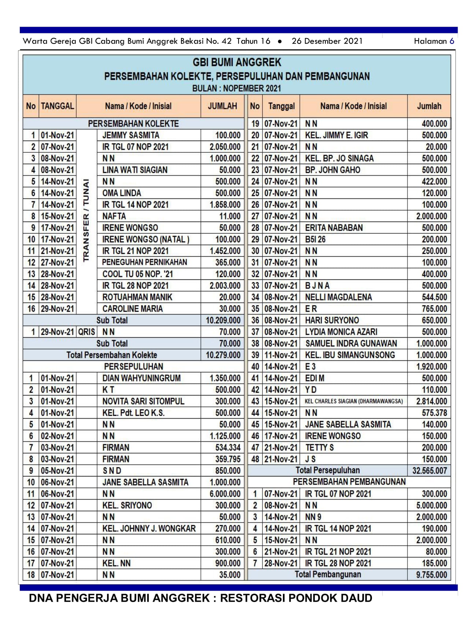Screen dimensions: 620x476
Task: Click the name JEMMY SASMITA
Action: coord(130,135)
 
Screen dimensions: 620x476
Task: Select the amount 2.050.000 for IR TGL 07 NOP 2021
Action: coord(225,147)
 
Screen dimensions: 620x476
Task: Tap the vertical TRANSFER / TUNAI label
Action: coord(86,220)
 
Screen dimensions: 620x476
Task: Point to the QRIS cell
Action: coord(86,332)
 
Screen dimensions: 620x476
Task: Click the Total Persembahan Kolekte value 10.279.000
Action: coord(223,355)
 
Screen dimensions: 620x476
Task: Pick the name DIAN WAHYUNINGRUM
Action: coord(141,378)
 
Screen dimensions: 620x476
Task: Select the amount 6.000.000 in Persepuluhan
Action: coord(225,494)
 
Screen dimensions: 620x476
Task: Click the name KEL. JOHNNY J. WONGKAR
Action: coord(149,528)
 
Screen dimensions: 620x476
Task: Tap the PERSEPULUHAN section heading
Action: coord(133,367)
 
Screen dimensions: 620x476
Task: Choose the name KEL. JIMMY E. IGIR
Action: coord(336,135)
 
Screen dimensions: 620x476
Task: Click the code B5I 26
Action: coord(315,240)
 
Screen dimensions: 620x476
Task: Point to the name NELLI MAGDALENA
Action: coord(338,297)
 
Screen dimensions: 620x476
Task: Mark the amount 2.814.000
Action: coord(431,401)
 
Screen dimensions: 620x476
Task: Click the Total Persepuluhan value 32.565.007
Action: coord(429,471)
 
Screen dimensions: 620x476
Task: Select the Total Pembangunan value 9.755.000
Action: coord(431,575)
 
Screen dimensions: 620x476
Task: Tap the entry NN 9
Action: coord(313,517)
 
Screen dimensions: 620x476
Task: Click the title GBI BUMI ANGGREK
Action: coord(237,63)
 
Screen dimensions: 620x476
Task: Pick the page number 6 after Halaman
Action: coord(452,41)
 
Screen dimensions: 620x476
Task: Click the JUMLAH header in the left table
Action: coord(222,106)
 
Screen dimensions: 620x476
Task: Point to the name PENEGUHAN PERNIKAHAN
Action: coord(144,262)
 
